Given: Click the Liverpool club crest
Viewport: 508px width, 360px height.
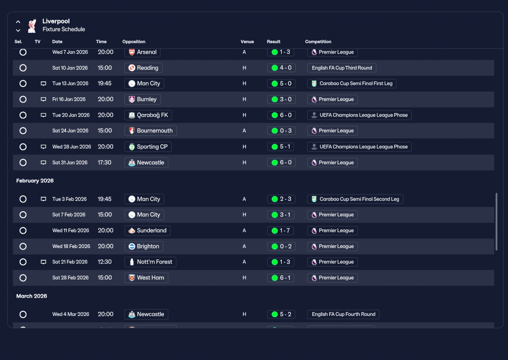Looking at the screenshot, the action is tap(32, 26).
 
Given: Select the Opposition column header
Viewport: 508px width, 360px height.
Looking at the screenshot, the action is tap(134, 42).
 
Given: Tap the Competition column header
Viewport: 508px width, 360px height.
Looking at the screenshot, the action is tap(318, 42).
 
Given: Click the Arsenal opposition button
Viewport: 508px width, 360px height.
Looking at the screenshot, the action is tap(142, 52).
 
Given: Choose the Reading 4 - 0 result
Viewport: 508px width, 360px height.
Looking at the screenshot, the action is tap(281, 68).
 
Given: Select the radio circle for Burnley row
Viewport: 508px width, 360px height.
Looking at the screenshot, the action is tap(23, 99).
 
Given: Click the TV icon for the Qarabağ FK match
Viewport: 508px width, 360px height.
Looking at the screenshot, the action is tap(43, 115).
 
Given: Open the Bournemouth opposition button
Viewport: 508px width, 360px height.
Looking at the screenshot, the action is tap(150, 131).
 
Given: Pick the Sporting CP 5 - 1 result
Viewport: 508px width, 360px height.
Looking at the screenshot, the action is tap(281, 147).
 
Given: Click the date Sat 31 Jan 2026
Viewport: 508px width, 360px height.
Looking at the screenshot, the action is tap(70, 162).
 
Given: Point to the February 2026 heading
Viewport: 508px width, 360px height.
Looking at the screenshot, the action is tap(35, 181).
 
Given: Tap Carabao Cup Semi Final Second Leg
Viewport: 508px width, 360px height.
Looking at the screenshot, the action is tap(355, 199).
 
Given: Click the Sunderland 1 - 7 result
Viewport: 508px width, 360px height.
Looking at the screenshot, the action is tap(281, 231).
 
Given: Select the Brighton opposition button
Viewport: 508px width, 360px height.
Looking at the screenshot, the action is tap(144, 246).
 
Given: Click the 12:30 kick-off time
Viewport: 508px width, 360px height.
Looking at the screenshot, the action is tap(104, 262).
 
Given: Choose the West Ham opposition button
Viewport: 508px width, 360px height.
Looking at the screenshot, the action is tap(146, 278).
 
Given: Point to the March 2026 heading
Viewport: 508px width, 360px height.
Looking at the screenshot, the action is tap(31, 296).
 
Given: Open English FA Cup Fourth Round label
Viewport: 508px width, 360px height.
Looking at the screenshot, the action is tap(343, 314).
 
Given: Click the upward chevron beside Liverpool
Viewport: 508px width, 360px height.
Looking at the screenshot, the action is tap(18, 22).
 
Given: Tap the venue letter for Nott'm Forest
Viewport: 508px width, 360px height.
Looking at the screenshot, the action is tap(244, 262).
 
